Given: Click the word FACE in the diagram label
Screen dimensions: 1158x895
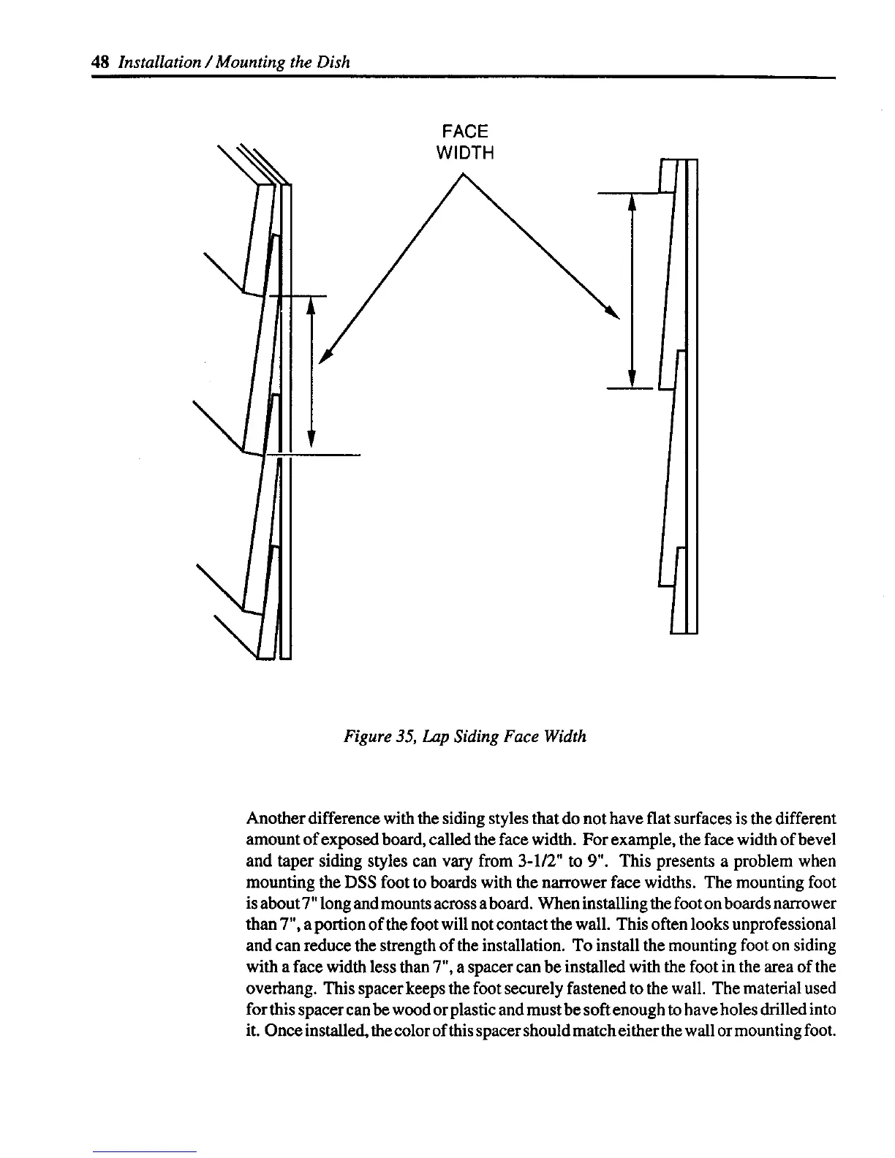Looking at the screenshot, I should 464,132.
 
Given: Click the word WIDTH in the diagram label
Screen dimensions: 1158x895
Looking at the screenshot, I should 464,154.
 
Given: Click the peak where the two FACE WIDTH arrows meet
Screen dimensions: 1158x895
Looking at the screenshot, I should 463,174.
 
